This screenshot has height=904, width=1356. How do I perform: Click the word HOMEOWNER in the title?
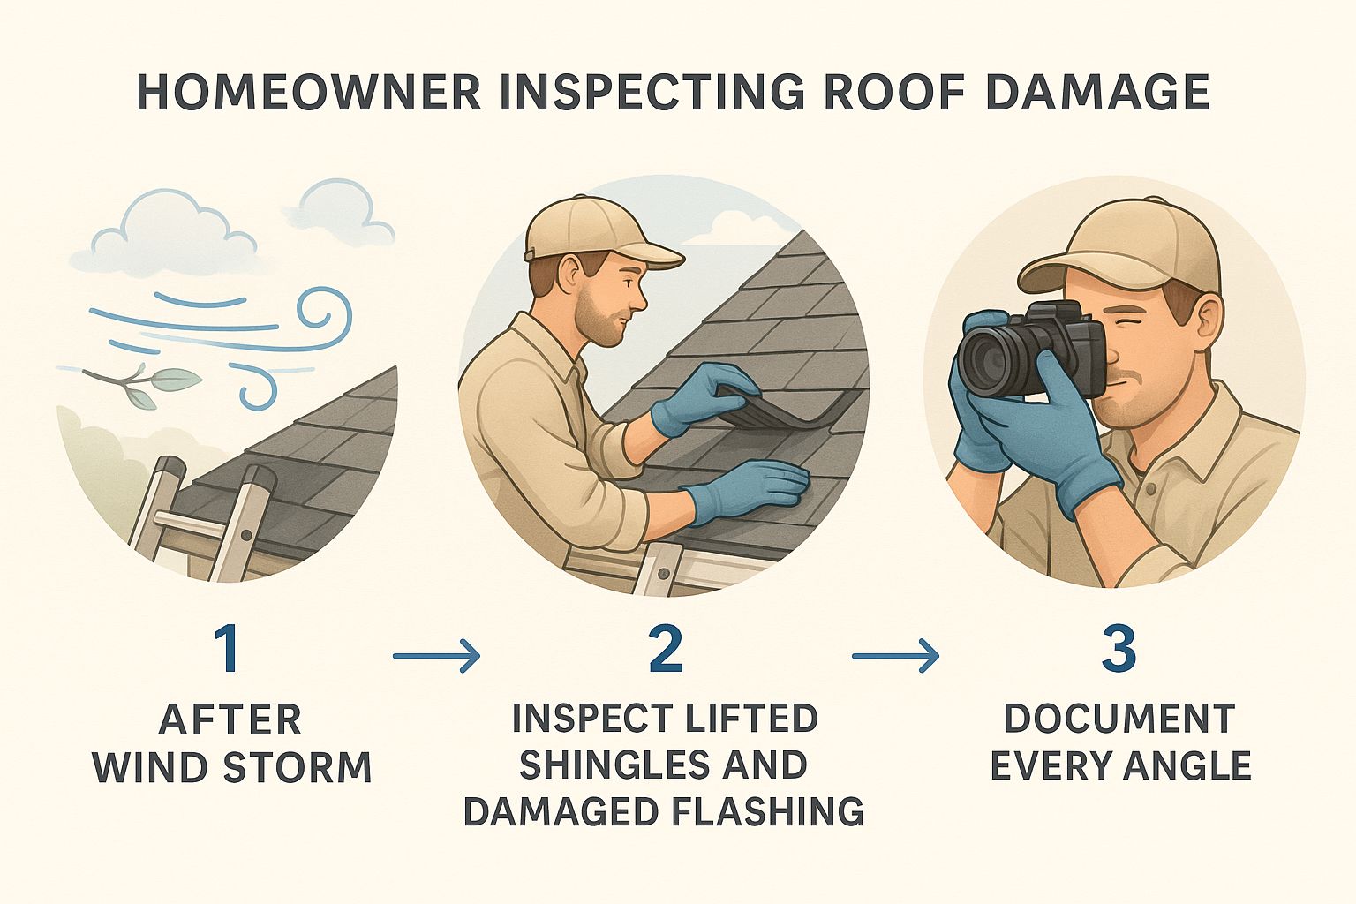tap(308, 92)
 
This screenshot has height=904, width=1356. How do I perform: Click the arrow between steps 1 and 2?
tap(436, 656)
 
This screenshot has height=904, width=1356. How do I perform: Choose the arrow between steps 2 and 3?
tap(895, 656)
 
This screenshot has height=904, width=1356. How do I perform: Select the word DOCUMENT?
tap(1119, 719)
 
